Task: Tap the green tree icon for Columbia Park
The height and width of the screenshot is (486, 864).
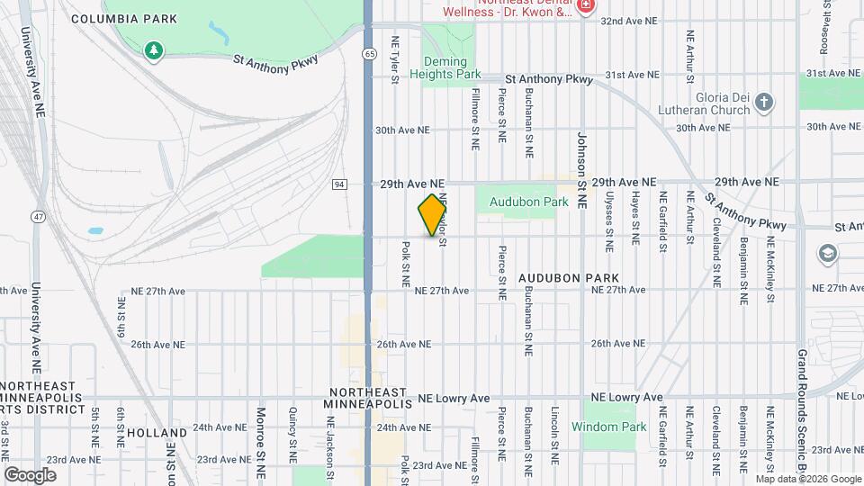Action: coord(154,50)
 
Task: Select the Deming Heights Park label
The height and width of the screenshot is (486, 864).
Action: coord(452,67)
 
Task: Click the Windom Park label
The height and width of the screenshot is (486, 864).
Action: coord(609,427)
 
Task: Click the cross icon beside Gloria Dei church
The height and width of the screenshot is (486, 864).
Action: coord(764,103)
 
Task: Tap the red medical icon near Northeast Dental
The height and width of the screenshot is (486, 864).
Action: coord(587,6)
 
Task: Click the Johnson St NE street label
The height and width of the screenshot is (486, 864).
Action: coord(581,171)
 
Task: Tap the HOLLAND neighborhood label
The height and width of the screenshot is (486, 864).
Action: coord(157,433)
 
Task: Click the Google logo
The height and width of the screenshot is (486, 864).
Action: coord(30,474)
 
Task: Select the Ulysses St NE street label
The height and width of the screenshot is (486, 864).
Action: coord(609,220)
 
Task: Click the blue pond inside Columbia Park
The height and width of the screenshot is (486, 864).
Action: coord(219,32)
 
